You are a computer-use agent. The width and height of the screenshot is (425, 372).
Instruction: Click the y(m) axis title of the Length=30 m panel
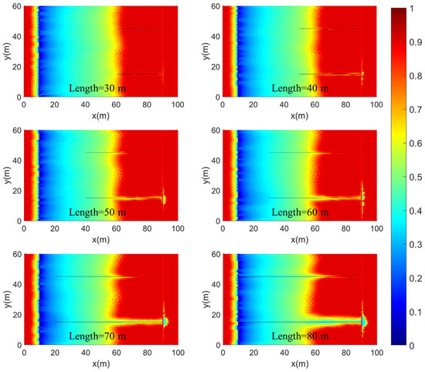pos(5,51)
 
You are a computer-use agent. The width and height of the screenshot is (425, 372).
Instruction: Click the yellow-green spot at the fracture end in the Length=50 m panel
pos(164,199)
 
